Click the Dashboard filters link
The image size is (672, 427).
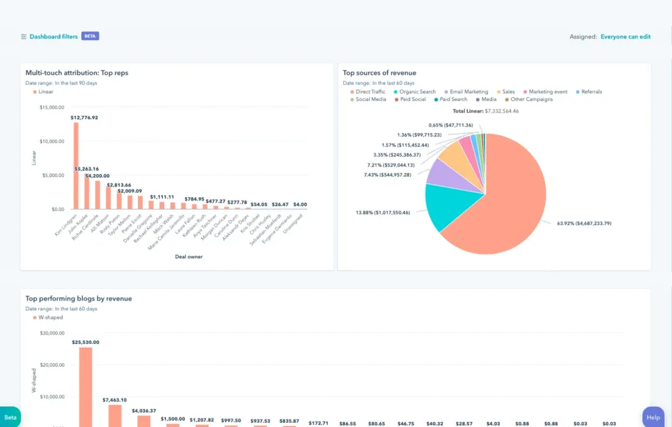[53, 37]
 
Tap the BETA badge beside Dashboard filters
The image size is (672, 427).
[90, 36]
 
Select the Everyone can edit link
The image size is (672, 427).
[625, 37]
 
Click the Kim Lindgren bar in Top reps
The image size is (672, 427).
[76, 166]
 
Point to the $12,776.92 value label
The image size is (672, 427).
[84, 117]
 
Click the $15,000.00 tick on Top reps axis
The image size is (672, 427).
[52, 107]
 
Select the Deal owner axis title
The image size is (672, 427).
[188, 257]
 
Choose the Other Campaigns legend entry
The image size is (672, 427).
[531, 100]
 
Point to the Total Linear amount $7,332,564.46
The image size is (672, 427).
[501, 111]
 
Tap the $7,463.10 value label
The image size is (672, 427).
[114, 400]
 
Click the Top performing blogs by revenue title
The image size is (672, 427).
[78, 299]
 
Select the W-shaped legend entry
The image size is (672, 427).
[50, 318]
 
